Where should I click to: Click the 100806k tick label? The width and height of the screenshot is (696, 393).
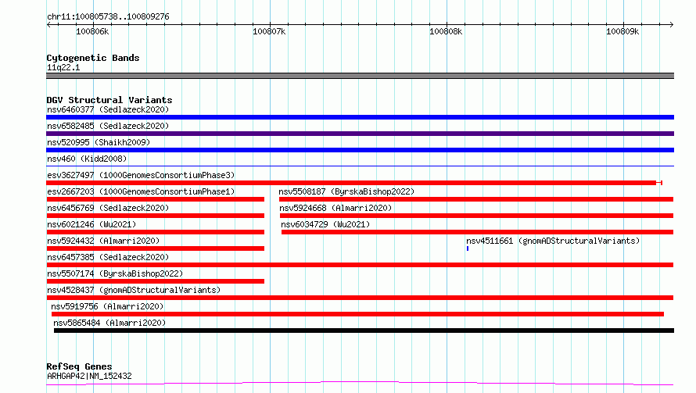(x=92, y=31)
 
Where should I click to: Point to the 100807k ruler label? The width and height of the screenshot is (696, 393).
(x=269, y=31)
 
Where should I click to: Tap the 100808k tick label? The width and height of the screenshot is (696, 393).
(x=446, y=31)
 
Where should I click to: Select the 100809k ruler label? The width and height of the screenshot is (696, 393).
(x=622, y=31)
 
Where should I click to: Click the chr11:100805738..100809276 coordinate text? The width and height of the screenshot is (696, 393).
(x=108, y=17)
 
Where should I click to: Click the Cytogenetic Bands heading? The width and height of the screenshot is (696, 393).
(x=93, y=58)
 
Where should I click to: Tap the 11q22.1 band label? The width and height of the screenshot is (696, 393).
(x=63, y=67)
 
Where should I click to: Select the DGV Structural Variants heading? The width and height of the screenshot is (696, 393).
(x=109, y=100)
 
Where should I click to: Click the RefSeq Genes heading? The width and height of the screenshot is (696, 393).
(x=79, y=366)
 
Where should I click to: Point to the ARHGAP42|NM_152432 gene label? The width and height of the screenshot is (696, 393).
(x=89, y=376)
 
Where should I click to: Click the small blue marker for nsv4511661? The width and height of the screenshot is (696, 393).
(x=468, y=248)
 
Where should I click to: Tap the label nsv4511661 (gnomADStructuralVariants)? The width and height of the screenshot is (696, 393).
(x=553, y=241)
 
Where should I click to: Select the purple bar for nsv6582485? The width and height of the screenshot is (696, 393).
(x=360, y=134)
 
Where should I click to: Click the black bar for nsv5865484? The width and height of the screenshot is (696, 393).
(x=364, y=330)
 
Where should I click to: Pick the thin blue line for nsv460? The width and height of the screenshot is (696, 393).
(x=360, y=166)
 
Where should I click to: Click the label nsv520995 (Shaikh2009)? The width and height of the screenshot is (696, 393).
(x=99, y=142)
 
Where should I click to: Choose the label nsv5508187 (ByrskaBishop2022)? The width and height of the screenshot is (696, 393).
(x=346, y=191)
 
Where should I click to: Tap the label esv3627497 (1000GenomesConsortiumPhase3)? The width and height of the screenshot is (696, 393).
(x=141, y=175)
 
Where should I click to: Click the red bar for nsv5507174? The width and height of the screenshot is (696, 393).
(x=156, y=281)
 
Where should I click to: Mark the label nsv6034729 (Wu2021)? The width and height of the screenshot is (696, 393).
(x=325, y=224)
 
